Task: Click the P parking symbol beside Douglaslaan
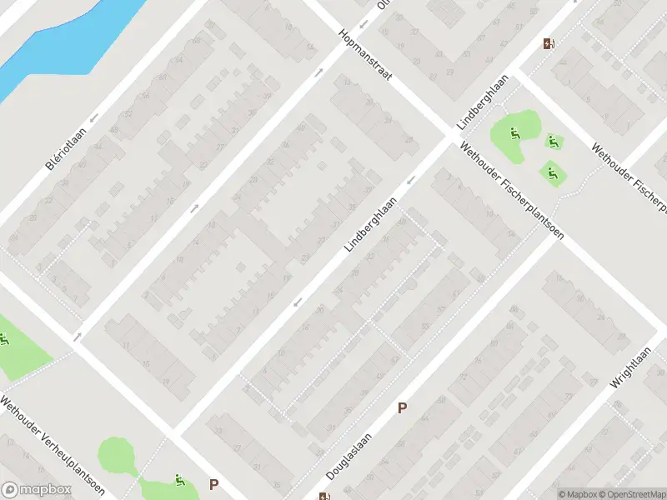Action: click(402, 408)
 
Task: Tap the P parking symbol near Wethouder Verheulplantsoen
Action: click(214, 484)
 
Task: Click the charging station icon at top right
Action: click(548, 44)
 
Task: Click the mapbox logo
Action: click(36, 490)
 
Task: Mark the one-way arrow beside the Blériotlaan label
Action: click(94, 117)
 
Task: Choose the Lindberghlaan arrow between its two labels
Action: click(410, 181)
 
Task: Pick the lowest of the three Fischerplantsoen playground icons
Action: click(552, 172)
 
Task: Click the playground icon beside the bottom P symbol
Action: click(178, 480)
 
